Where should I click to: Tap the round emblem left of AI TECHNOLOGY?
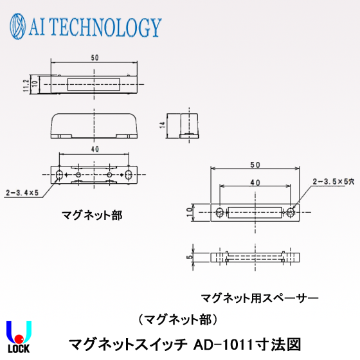[19, 26]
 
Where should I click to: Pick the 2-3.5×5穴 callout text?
[332, 182]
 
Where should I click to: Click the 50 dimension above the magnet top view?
[94, 58]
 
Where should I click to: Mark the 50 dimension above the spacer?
[255, 165]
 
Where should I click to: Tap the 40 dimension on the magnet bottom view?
[94, 148]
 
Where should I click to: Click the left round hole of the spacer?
[220, 211]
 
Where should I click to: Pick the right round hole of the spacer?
[291, 211]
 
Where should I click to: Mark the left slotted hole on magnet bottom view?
[60, 175]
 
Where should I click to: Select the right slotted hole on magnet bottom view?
[129, 175]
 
